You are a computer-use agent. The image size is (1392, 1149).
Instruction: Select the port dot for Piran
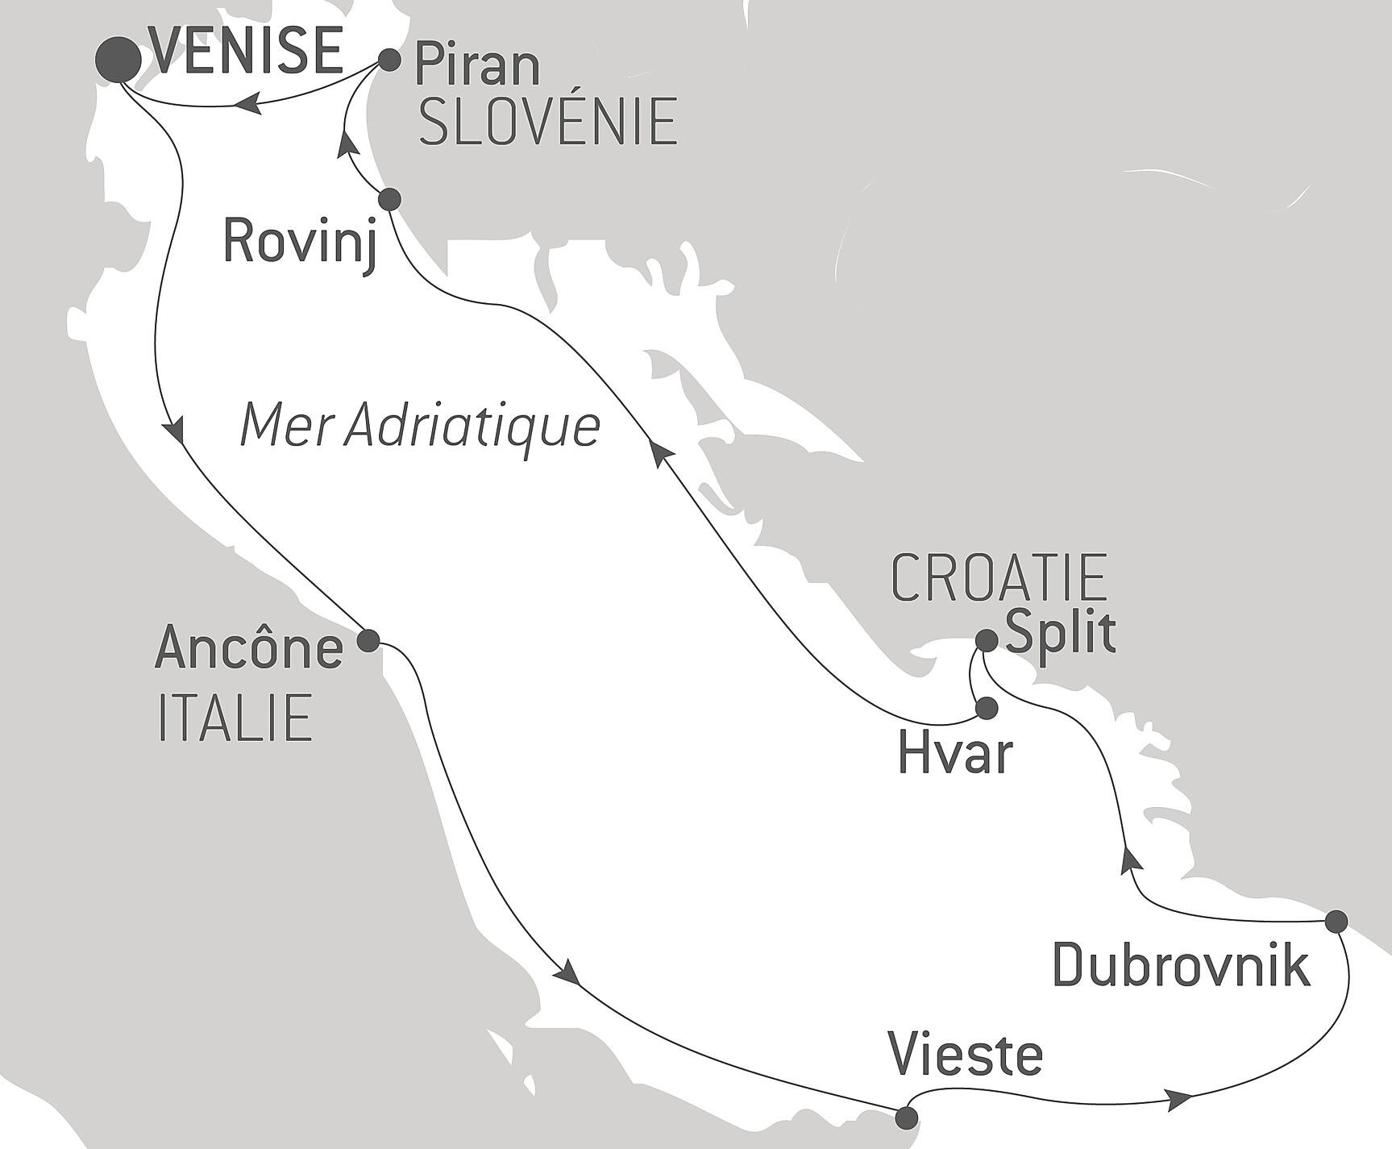[x=389, y=60]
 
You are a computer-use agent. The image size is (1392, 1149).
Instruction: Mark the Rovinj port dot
[x=389, y=198]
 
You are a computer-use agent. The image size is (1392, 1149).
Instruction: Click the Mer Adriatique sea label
[x=420, y=427]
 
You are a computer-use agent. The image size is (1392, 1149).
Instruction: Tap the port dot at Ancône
[x=368, y=641]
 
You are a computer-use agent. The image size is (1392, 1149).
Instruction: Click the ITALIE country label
[x=235, y=718]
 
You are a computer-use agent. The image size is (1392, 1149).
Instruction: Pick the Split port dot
[x=987, y=640]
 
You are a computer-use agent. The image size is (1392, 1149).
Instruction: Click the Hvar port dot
[x=987, y=708]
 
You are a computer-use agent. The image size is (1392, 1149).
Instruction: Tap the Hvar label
[x=955, y=755]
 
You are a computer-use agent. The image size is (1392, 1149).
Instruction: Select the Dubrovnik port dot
[x=1336, y=920]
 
